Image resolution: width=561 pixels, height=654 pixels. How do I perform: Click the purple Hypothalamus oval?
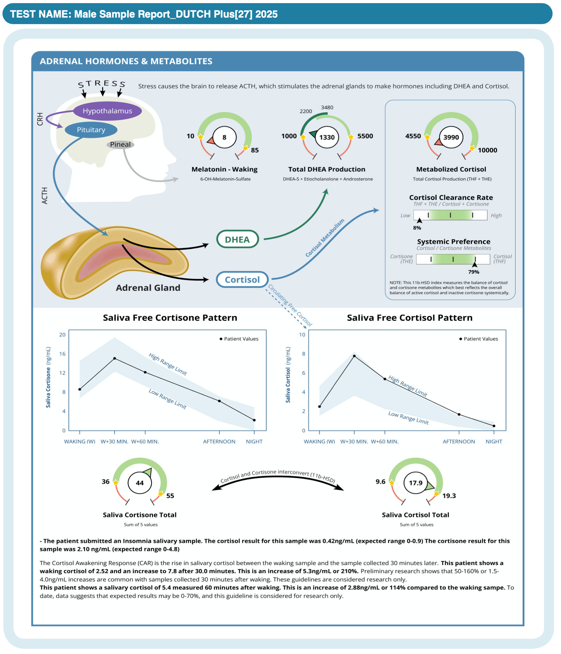pos(107,111)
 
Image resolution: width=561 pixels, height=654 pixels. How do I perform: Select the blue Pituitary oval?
pos(91,130)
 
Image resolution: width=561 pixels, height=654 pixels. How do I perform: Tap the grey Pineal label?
pos(120,144)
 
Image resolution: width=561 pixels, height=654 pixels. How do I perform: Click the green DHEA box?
pos(237,239)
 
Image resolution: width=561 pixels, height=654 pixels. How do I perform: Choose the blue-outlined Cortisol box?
pos(242,280)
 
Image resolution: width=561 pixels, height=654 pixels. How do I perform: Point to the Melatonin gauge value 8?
pos(224,137)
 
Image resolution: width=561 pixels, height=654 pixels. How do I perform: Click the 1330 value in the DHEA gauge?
pos(327,137)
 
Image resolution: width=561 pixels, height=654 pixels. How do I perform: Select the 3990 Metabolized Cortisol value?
pos(451,137)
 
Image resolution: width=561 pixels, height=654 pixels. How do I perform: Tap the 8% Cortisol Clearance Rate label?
pos(417,228)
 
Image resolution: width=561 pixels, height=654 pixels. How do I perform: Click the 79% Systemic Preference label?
pos(474,272)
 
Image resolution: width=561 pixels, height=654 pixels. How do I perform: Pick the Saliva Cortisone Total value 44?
pos(140,483)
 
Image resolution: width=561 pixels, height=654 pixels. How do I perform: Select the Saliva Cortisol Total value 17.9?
pos(416,483)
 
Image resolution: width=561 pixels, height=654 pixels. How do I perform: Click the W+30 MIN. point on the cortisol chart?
pos(354,356)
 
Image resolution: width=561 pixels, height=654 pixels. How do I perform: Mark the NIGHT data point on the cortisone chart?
pos(254,420)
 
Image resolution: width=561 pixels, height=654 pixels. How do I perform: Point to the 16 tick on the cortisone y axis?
pos(62,354)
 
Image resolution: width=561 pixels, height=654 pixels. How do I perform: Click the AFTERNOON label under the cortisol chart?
pos(459,442)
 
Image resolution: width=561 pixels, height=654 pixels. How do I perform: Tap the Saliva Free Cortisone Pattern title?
pos(170,318)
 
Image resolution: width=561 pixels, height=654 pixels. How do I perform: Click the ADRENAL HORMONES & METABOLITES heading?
pos(126,61)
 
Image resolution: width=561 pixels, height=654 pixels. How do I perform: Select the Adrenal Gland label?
pos(148,288)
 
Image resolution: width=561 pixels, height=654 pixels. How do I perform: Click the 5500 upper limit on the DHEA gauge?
pos(365,136)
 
